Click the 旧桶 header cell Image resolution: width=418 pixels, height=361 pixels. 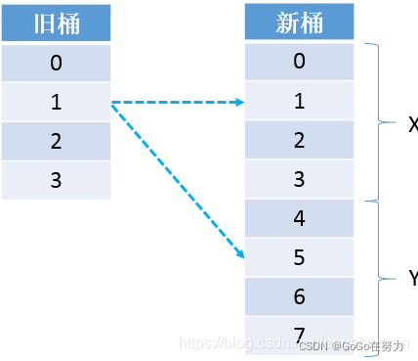[56, 24]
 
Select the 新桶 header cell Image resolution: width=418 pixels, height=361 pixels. [299, 23]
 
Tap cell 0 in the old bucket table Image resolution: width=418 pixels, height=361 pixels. [56, 64]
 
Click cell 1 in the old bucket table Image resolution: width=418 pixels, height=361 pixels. [56, 102]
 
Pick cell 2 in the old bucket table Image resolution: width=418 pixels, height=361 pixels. [56, 141]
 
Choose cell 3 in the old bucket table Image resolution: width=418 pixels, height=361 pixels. [56, 179]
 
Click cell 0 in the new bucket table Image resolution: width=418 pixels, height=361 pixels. [299, 62]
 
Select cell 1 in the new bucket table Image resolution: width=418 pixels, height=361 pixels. [299, 101]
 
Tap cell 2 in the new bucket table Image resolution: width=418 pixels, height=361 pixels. [299, 140]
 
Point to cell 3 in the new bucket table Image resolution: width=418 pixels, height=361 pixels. [299, 179]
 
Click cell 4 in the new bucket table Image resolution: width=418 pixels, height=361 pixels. [299, 218]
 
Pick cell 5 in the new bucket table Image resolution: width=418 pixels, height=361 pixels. [299, 257]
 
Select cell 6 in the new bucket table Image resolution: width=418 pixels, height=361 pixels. [299, 295]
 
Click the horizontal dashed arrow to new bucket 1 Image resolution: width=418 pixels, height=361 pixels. [176, 102]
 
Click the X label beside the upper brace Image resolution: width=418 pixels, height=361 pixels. [411, 123]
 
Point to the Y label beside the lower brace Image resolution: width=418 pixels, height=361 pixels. [411, 280]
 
